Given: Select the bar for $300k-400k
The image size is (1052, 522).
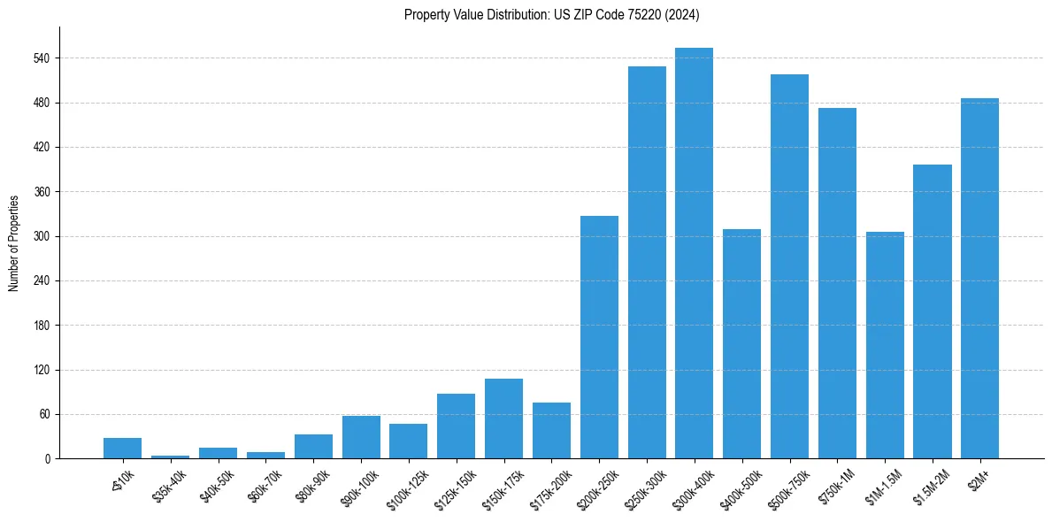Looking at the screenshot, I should coord(694,253).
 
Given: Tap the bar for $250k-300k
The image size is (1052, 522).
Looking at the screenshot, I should coord(647,263).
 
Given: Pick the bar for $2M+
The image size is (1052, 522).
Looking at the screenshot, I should coord(979,279).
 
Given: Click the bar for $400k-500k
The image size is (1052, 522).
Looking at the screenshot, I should coord(741,344).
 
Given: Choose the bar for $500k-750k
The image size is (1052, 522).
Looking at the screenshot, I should coord(789,266).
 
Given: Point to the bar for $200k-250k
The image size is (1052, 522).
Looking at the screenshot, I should coord(599,337).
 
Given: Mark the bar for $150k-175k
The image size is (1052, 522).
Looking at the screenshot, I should coord(503,418).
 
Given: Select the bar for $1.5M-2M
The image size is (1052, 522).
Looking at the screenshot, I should coord(932,311).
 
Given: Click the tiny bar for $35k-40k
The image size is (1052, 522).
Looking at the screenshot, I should coord(170,457).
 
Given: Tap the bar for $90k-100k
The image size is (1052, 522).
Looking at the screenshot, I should coord(361,437).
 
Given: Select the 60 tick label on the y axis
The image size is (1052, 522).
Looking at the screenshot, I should coord(43,414).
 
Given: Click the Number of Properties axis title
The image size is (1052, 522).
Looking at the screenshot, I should coord(14,243).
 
